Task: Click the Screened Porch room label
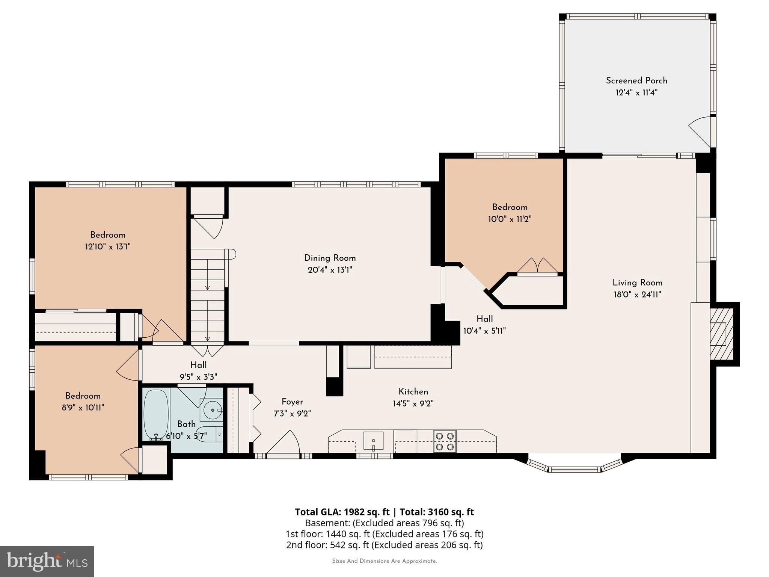[636, 81]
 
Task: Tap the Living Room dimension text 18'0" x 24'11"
[637, 295]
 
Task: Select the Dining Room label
[330, 258]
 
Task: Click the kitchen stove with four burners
[445, 441]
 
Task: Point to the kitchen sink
[373, 441]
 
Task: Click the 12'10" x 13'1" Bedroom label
[108, 235]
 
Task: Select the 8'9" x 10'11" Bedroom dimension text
[83, 408]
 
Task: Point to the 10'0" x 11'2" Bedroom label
[510, 207]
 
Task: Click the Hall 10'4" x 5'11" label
[484, 319]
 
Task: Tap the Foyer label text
[292, 402]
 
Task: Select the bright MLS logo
[47, 561]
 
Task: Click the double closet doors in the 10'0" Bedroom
[537, 266]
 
